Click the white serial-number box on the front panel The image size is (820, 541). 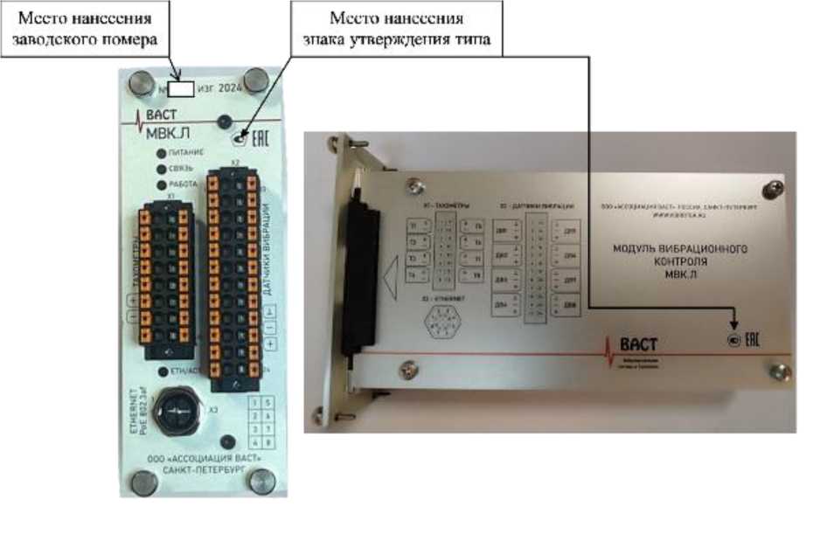pos(181,88)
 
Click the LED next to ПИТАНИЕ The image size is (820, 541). pos(162,152)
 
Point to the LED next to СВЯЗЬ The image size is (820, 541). pos(162,168)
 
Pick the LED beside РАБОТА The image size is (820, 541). pos(162,184)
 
